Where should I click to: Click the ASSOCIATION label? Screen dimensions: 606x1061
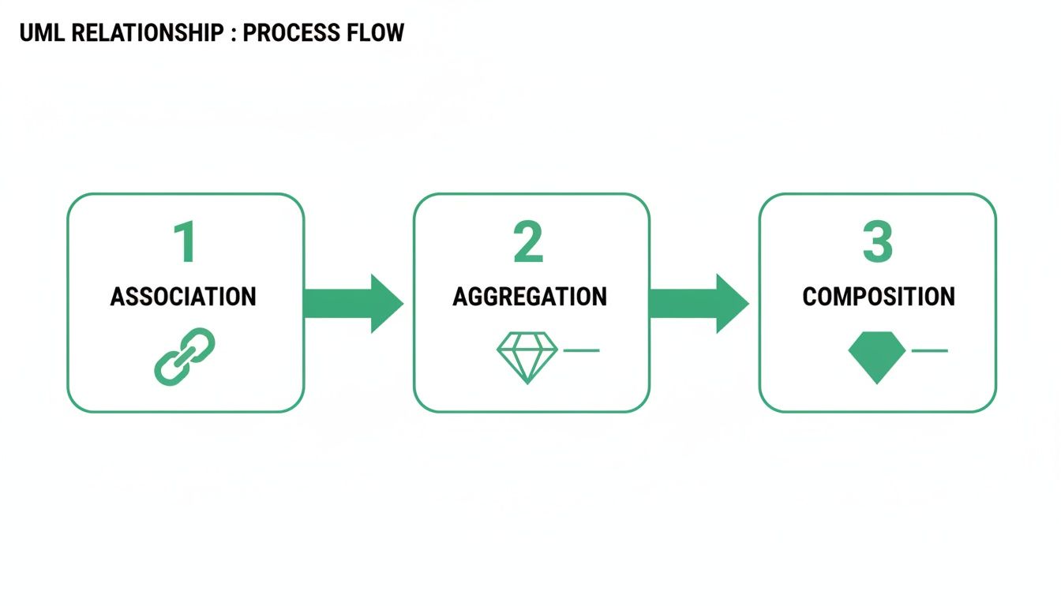(x=183, y=297)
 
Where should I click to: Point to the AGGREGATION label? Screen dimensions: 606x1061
(x=530, y=297)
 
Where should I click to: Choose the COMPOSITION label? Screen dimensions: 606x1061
(x=879, y=297)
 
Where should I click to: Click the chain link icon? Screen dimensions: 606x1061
(x=185, y=357)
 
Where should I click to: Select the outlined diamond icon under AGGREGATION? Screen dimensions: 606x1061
(x=527, y=357)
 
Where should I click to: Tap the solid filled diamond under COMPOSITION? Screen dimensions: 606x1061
(x=876, y=357)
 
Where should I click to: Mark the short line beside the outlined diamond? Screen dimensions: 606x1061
(x=581, y=350)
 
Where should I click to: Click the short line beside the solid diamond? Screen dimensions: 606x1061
(x=929, y=350)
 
